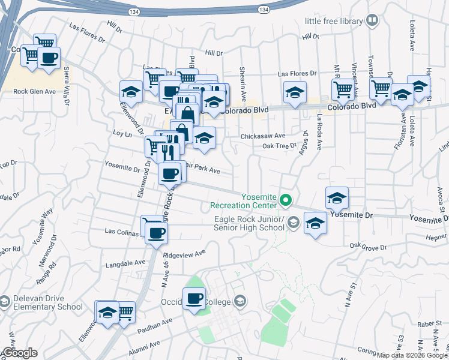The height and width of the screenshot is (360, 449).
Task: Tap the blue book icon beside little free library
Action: click(372, 22)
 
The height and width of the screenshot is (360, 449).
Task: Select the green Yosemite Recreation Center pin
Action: click(286, 200)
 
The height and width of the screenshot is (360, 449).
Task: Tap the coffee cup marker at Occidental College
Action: click(194, 299)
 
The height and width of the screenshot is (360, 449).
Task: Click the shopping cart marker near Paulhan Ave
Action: click(124, 311)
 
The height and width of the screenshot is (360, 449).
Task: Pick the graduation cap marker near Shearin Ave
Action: click(295, 92)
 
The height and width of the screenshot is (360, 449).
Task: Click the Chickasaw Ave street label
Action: click(263, 136)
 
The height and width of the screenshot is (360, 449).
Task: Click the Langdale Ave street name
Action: click(125, 263)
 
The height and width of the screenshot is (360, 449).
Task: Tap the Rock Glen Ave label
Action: click(34, 92)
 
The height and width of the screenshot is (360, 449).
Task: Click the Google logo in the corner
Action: click(19, 353)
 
